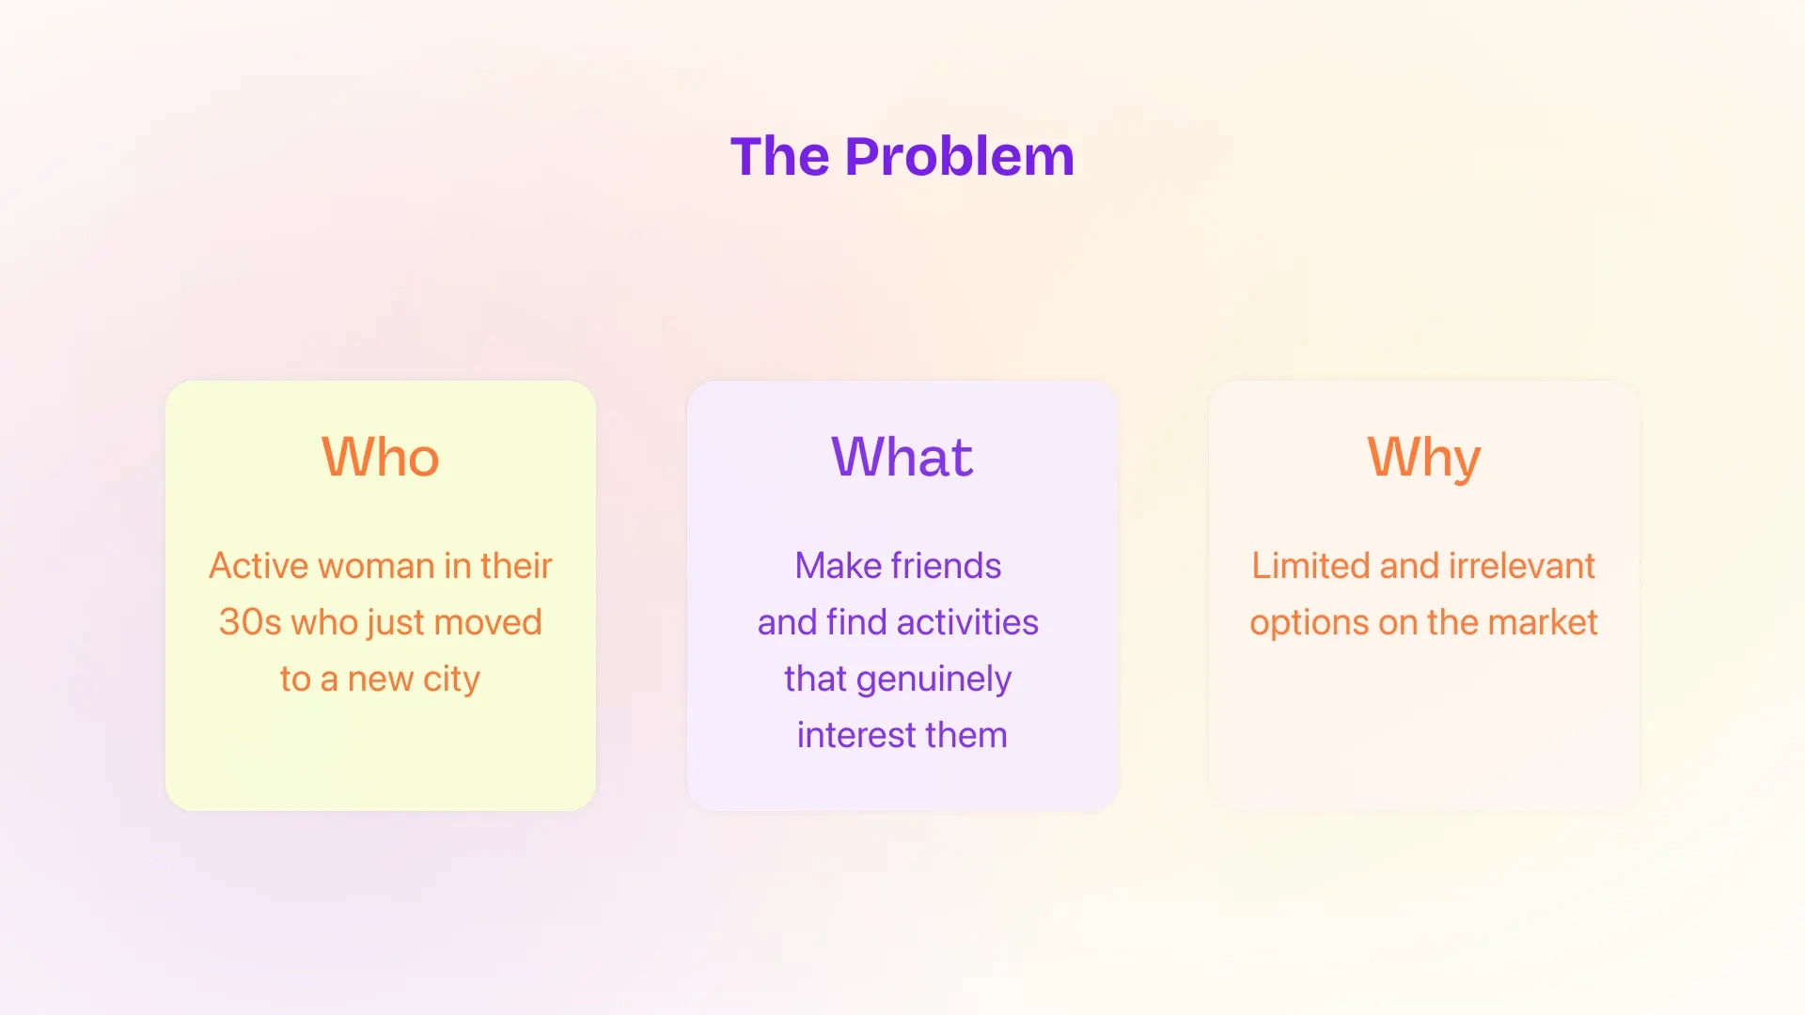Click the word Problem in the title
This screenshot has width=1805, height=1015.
click(960, 156)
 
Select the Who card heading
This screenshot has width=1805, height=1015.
click(381, 458)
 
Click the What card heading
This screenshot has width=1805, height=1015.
click(902, 458)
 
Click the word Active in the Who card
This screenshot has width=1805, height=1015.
click(259, 566)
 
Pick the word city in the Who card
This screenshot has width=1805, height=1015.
click(451, 679)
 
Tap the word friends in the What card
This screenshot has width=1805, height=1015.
click(946, 566)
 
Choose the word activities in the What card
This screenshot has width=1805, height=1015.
click(967, 622)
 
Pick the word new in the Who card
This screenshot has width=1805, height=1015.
click(381, 679)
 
